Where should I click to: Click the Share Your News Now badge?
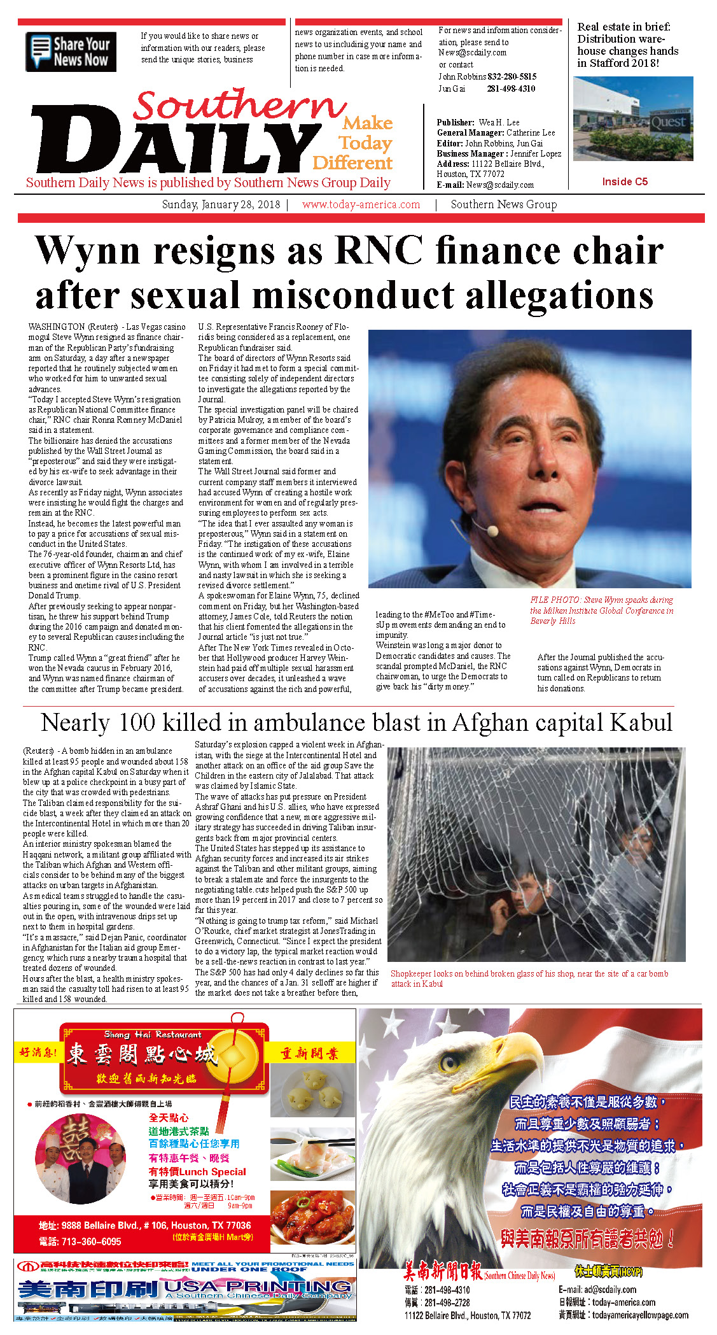pyautogui.click(x=71, y=52)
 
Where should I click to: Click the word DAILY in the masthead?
pyautogui.click(x=169, y=148)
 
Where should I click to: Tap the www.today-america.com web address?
pyautogui.click(x=361, y=204)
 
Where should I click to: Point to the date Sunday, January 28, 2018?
pyautogui.click(x=221, y=204)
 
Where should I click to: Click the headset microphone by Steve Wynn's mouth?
pyautogui.click(x=492, y=529)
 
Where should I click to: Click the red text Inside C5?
pyautogui.click(x=625, y=181)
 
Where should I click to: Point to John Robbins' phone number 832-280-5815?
pyautogui.click(x=512, y=76)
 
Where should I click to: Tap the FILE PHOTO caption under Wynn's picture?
pyautogui.click(x=601, y=610)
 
